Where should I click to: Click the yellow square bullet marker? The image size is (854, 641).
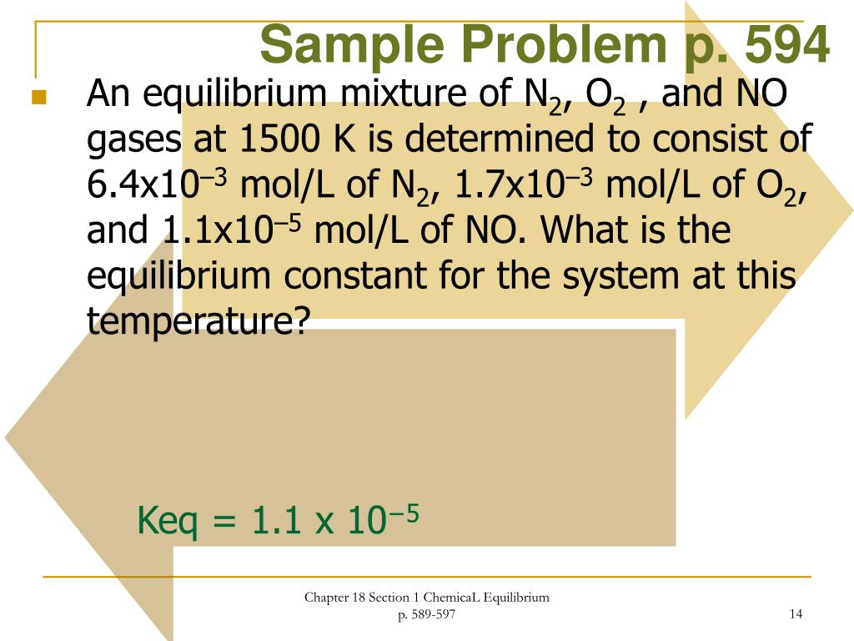(38, 98)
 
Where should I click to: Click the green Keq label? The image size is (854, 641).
(167, 522)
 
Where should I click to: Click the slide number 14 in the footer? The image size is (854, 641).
(795, 615)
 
